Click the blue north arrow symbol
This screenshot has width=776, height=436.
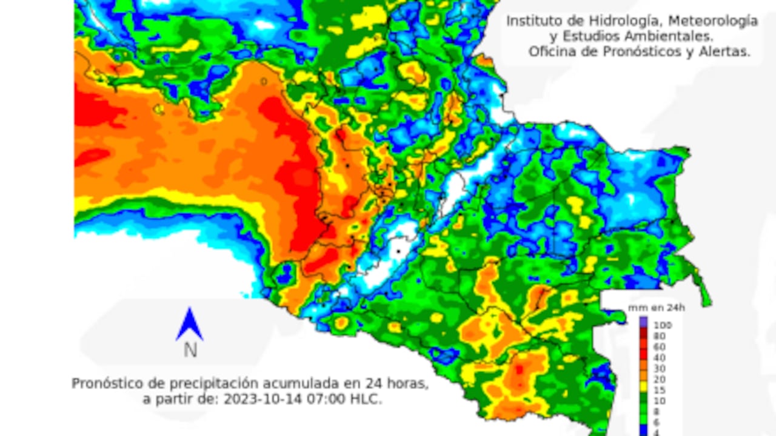pos(189,325)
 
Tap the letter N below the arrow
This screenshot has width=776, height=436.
pos(190,350)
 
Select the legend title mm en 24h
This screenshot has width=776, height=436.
pos(656,308)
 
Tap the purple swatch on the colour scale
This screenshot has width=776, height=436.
pos(643,322)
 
